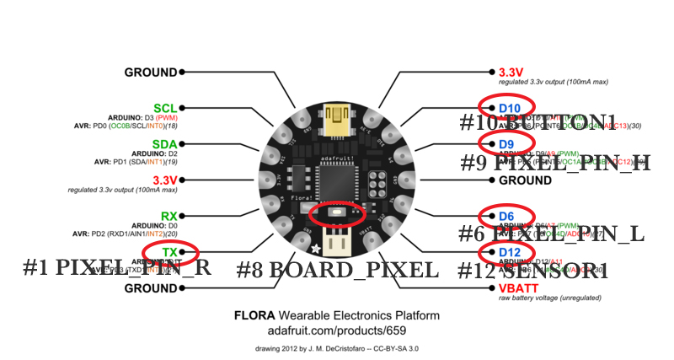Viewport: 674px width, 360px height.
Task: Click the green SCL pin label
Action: point(165,108)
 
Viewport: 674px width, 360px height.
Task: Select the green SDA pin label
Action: point(165,144)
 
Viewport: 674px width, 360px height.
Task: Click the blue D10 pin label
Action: point(510,108)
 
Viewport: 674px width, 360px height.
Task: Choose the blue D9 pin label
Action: point(505,144)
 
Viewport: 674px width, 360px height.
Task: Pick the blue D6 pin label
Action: point(505,216)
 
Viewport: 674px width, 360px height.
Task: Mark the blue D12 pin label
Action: point(510,252)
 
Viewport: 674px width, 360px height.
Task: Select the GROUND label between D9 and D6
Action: point(525,180)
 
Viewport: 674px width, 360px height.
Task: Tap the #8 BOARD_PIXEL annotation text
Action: point(337,271)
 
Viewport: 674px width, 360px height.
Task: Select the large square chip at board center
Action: point(336,179)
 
